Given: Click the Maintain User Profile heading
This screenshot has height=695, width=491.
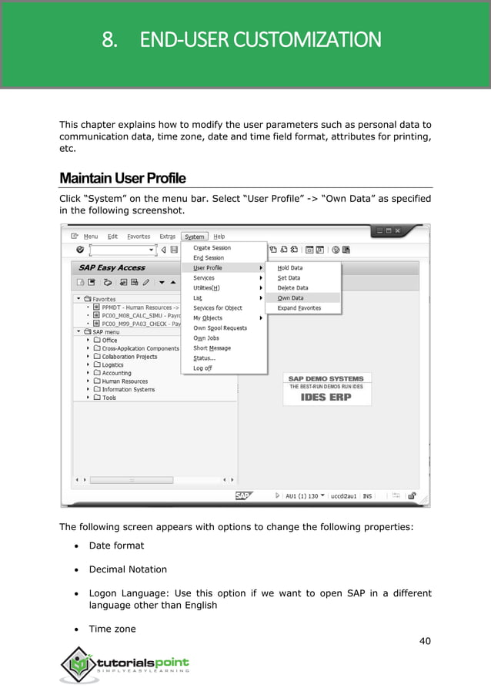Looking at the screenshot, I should click(x=122, y=178).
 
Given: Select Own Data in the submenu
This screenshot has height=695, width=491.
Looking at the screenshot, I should click(x=290, y=297).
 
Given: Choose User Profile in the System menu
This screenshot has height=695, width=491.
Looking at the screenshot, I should click(x=208, y=267).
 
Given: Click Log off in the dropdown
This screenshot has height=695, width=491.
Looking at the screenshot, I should click(x=202, y=368).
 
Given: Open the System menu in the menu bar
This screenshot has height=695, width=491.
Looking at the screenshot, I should click(x=195, y=237).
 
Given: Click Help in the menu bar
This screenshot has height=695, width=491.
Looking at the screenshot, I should click(x=219, y=237).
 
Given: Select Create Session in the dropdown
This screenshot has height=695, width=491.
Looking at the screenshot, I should click(x=212, y=247).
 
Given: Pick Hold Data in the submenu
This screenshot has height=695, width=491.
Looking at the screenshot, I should click(x=290, y=267).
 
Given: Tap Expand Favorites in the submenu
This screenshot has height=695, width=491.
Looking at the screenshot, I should click(x=299, y=307).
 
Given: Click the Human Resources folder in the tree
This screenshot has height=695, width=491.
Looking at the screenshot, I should click(x=124, y=381).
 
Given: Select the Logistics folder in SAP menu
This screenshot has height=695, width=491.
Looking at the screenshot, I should click(x=112, y=364).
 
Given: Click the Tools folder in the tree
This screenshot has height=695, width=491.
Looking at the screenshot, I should click(x=109, y=398).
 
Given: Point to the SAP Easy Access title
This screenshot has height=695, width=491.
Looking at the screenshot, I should click(x=112, y=267).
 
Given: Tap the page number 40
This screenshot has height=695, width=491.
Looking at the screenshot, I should click(x=424, y=641).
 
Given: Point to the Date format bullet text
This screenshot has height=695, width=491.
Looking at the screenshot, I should click(x=116, y=546).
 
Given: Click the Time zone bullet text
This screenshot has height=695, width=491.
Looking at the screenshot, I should click(x=112, y=629).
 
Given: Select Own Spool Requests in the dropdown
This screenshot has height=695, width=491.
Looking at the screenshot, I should click(x=220, y=327).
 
